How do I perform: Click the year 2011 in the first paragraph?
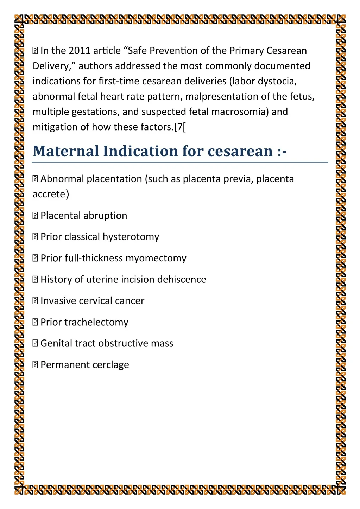click(x=80, y=51)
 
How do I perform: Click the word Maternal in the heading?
click(x=66, y=151)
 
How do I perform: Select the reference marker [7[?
click(x=180, y=127)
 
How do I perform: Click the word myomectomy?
click(x=156, y=258)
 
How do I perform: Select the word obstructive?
click(x=124, y=343)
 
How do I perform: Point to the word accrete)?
click(x=51, y=194)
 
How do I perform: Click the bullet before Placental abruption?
click(x=35, y=216)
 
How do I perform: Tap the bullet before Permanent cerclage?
click(x=35, y=365)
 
